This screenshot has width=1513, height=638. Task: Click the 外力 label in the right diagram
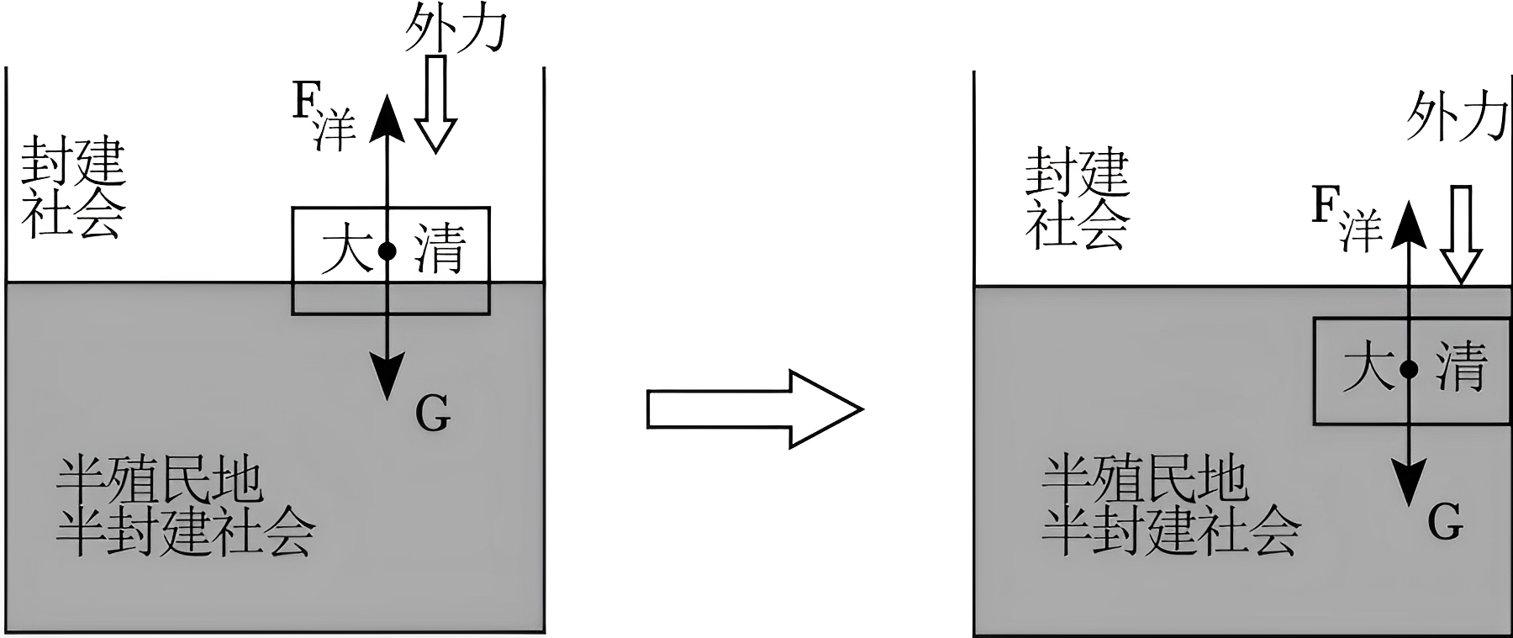point(1456,117)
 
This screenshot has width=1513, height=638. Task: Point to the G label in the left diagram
point(433,414)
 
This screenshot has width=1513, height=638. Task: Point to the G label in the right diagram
point(1446,523)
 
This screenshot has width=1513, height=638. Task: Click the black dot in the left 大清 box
point(387,250)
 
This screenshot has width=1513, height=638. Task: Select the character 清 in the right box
point(1461,366)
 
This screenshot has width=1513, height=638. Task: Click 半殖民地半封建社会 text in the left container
point(185,507)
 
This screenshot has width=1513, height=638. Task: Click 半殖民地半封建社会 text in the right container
point(1170,507)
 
